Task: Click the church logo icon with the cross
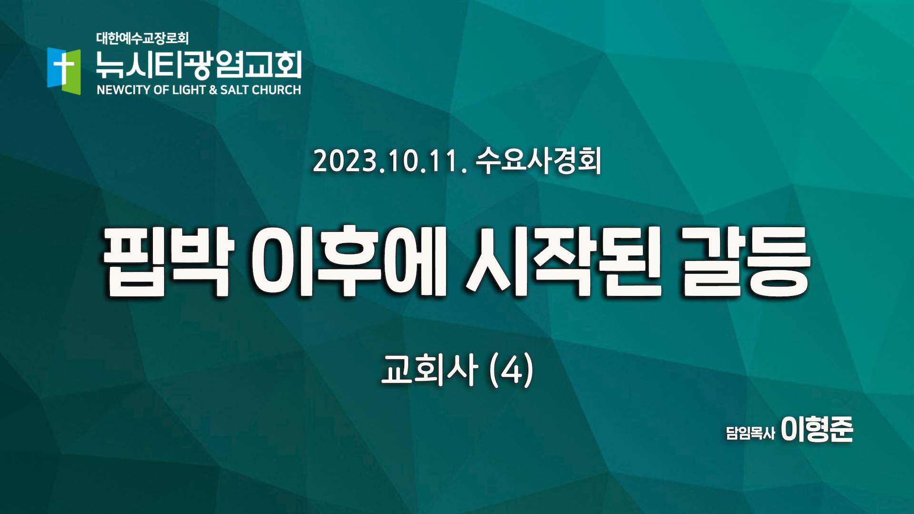click(64, 71)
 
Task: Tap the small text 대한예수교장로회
click(142, 38)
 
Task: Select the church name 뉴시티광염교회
click(199, 64)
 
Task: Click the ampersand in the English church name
click(213, 90)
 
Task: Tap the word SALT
click(235, 90)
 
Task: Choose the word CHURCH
click(277, 90)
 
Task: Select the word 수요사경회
click(538, 160)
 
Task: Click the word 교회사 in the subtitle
click(429, 369)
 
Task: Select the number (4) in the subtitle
click(511, 370)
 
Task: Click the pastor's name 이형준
click(817, 429)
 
